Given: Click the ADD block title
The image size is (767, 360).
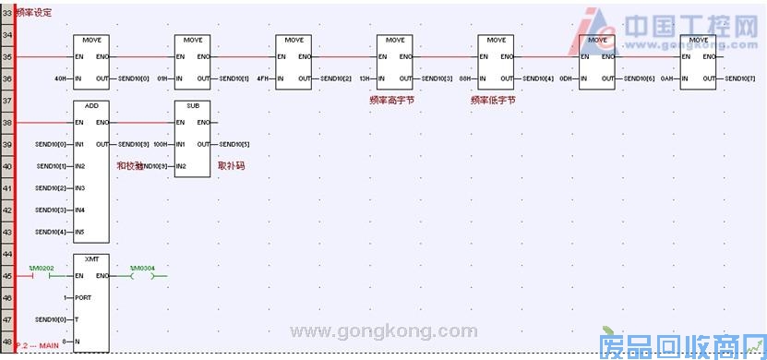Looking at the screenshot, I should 91,106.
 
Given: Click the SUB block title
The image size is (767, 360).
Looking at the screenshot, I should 192,106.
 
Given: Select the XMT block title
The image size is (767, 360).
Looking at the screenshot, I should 91,259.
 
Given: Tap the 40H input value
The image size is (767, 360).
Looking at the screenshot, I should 62,79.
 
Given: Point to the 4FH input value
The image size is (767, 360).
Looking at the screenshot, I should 262,79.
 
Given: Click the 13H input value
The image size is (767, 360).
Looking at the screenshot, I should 365,79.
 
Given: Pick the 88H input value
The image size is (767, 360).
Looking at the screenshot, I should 465,79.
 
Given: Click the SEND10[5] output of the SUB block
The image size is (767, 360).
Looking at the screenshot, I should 234,145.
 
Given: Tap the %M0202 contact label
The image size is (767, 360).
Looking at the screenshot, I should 43,267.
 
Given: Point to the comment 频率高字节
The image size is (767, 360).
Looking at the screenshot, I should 388,99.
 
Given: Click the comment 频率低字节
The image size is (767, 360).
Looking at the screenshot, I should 493,99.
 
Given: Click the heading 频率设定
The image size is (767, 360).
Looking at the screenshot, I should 34,13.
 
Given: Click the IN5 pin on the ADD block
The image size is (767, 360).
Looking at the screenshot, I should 81,232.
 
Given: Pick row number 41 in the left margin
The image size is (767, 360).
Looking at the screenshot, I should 6,188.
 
